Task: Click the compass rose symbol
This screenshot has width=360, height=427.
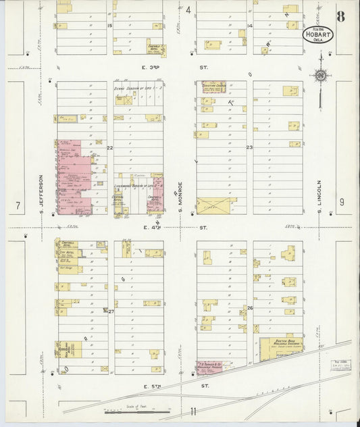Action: [320, 76]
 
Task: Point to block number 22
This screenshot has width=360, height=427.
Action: [109, 147]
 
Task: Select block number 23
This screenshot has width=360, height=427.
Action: [249, 147]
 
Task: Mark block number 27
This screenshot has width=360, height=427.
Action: [111, 311]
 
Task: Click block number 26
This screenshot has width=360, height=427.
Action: [249, 308]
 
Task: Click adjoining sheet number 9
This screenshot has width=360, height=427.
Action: [342, 201]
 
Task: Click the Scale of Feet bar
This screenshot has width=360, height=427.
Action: [135, 409]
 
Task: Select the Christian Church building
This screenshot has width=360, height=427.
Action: [213, 87]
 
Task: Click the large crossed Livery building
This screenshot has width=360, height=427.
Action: [217, 205]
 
